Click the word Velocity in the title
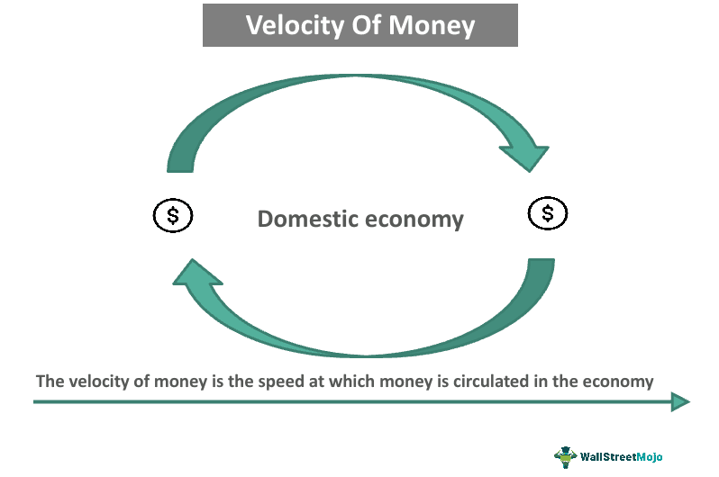[290, 25]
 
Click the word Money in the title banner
[432, 25]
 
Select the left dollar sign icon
[171, 215]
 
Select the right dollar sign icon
[548, 214]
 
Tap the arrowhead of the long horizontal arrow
[680, 402]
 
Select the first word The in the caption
[48, 382]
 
